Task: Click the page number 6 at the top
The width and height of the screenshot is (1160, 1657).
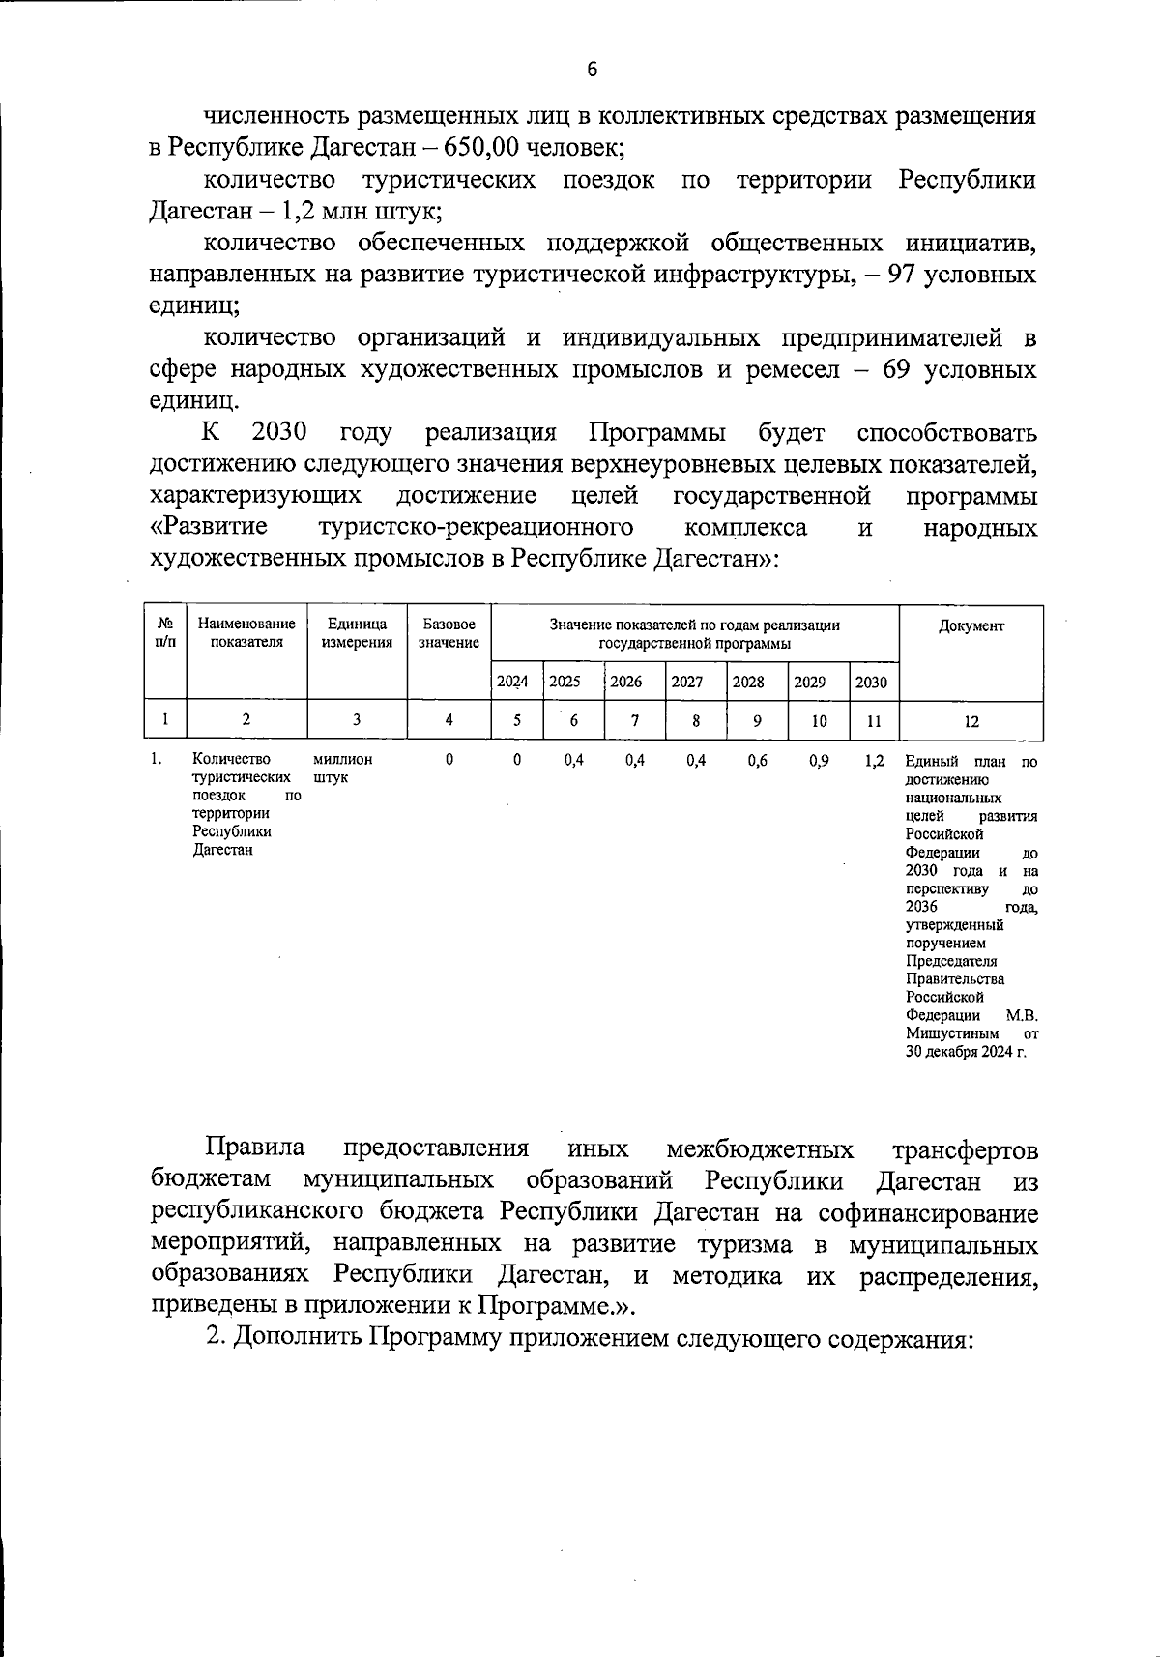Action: pos(592,69)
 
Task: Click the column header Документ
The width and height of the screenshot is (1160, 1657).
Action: pos(971,625)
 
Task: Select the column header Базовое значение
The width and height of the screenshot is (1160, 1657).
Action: pos(449,633)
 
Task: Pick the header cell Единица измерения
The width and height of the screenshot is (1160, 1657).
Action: pos(357,633)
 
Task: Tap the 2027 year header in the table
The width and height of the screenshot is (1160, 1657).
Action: pos(686,682)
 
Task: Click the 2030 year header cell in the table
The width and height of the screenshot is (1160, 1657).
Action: pos(871,682)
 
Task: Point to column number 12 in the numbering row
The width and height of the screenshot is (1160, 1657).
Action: pos(971,720)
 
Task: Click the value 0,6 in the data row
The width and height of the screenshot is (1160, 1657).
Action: pos(757,761)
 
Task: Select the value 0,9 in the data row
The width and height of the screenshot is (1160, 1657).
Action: pos(818,761)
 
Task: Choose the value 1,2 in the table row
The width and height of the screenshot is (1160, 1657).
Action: pos(874,761)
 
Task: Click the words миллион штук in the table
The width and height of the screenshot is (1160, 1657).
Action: pos(342,769)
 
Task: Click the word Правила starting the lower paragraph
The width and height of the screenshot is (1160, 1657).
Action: pos(255,1148)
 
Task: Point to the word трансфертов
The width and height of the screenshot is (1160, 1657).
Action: pos(964,1149)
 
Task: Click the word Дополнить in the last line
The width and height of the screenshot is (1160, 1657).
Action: pos(297,1339)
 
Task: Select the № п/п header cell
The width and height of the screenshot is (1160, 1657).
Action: pos(164,633)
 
